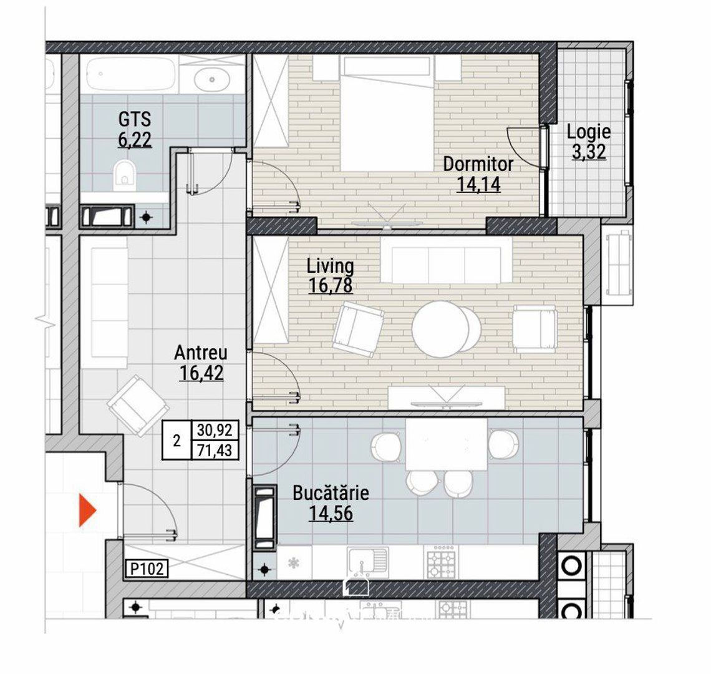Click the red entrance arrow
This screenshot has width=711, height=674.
click(87, 510)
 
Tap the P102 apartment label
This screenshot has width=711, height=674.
click(147, 569)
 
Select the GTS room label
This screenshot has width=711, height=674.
click(135, 119)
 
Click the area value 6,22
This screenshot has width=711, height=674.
click(135, 140)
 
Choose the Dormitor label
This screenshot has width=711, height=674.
click(478, 164)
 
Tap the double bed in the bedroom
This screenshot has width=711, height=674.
click(385, 114)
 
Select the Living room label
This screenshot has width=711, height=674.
click(330, 265)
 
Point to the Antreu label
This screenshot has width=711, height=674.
click(201, 353)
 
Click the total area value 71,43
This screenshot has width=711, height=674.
click(215, 450)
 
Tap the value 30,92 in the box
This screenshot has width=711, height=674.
click(215, 429)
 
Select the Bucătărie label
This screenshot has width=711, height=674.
click(331, 493)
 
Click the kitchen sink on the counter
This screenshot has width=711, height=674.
click(367, 562)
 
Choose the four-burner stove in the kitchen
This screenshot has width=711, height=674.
click(440, 562)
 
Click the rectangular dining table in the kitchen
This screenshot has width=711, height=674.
click(447, 444)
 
